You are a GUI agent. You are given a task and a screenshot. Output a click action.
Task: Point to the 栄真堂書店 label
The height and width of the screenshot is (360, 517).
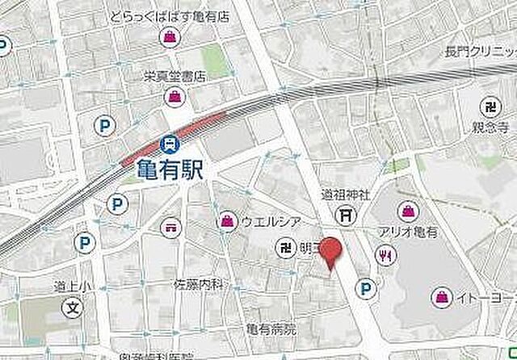175,77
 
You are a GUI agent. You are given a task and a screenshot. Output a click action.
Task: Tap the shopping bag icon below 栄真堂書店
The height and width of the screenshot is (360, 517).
174,97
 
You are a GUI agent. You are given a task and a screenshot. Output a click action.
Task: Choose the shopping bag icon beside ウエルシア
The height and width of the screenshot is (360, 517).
226,222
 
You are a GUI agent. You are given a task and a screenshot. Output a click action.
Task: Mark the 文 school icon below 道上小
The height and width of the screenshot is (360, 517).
72,308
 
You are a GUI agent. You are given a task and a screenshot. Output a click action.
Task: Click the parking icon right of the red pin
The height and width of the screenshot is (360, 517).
367,287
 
